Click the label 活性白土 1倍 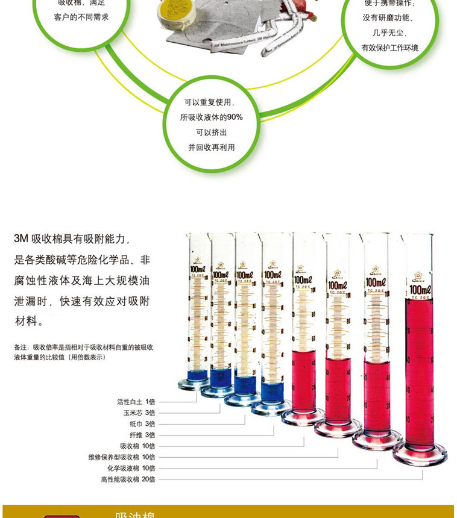tap(136, 401)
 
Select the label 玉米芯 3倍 tap(139, 413)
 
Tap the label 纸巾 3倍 tap(142, 423)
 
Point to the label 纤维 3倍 tap(142, 434)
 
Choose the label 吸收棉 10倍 tap(137, 446)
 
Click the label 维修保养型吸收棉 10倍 tap(122, 457)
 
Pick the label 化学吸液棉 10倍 tap(131, 468)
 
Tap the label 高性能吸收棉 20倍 tap(128, 479)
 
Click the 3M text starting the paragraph tap(21, 239)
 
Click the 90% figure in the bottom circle tap(235, 117)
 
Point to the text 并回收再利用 tap(211, 147)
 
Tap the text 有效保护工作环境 tap(389, 48)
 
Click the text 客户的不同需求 tap(81, 17)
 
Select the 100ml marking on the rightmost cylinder tap(420, 290)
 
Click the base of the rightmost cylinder tap(420, 454)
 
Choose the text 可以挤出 tap(211, 132)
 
